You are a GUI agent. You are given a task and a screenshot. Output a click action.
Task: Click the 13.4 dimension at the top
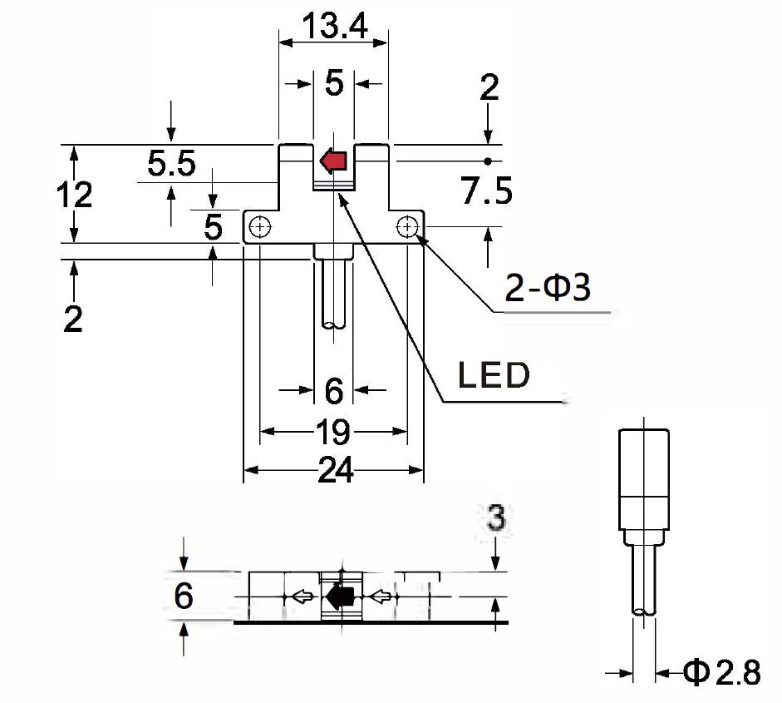point(333,27)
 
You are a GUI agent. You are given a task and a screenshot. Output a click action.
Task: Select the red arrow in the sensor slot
point(333,160)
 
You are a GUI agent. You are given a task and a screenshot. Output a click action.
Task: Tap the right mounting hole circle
point(407,225)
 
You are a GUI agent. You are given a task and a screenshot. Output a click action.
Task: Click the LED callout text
point(494,376)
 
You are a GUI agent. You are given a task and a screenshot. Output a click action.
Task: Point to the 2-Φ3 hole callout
point(548,290)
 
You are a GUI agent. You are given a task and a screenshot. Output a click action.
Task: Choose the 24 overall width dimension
point(334,472)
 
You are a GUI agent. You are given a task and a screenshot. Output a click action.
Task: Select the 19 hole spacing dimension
point(333,432)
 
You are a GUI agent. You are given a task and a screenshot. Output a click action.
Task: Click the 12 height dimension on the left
point(74,196)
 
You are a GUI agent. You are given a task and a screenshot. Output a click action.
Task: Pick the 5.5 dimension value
point(171,165)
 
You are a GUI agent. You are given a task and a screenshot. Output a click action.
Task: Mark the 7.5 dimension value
point(487,192)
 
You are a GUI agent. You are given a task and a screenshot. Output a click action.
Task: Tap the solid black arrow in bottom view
point(340,596)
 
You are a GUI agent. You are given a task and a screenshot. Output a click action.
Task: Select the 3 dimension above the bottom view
point(495,519)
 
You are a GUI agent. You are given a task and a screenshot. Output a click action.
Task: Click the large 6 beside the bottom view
point(184,597)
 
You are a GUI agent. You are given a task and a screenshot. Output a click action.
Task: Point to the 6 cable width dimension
point(333,389)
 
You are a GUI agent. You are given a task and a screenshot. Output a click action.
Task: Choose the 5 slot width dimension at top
point(333,83)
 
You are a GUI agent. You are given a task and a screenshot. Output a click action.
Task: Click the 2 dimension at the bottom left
point(74,319)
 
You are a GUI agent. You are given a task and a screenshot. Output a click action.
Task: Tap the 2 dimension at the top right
point(489,87)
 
